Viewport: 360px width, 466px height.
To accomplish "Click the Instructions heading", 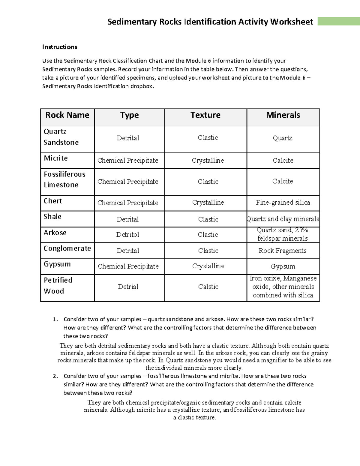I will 60,47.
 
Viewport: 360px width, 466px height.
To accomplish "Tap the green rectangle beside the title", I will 338,22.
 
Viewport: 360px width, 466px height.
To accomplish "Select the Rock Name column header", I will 67,115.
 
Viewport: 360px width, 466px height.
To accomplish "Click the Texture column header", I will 205,115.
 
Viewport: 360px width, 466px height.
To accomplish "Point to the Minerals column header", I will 283,115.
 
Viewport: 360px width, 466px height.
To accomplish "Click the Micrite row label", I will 56,158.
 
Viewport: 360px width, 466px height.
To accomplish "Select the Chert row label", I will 53,201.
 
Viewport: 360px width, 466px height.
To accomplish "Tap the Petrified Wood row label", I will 58,285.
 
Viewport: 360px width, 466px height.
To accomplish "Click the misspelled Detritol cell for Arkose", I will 128,235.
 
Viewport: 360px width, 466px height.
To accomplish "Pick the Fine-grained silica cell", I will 283,203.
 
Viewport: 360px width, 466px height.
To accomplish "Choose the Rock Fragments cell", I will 283,251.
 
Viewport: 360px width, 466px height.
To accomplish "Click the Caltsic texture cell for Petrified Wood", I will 208,287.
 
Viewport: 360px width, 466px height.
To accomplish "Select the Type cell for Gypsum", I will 128,266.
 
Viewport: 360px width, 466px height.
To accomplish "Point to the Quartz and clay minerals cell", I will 283,219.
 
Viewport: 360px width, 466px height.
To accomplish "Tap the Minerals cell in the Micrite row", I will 283,161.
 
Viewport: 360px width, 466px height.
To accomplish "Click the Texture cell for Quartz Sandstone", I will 208,138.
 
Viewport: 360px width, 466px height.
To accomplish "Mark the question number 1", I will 55,319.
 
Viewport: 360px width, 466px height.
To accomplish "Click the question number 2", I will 55,376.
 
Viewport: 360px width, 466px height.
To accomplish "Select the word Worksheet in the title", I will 292,22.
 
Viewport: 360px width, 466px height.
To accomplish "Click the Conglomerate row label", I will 67,248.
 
